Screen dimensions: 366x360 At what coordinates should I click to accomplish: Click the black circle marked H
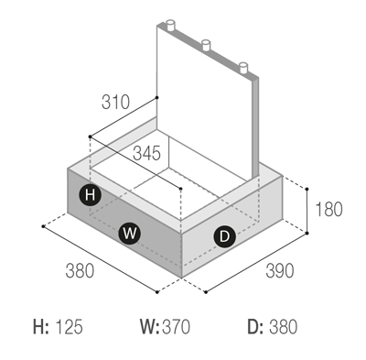pos(91,194)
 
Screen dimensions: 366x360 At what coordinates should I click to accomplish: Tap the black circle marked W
pos(130,234)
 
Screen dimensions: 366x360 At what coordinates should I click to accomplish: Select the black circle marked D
pos(225,236)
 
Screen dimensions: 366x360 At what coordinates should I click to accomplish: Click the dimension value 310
pos(115,102)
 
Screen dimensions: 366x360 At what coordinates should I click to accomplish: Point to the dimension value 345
pos(146,153)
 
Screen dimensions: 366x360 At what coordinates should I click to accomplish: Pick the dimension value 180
pos(328,210)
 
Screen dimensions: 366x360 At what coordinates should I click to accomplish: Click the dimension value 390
pos(280,270)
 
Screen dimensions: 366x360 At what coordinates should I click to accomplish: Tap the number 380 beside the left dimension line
pos(80,270)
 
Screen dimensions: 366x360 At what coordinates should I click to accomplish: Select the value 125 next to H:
pos(69,326)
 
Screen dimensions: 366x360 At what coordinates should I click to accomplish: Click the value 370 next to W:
pos(176,326)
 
